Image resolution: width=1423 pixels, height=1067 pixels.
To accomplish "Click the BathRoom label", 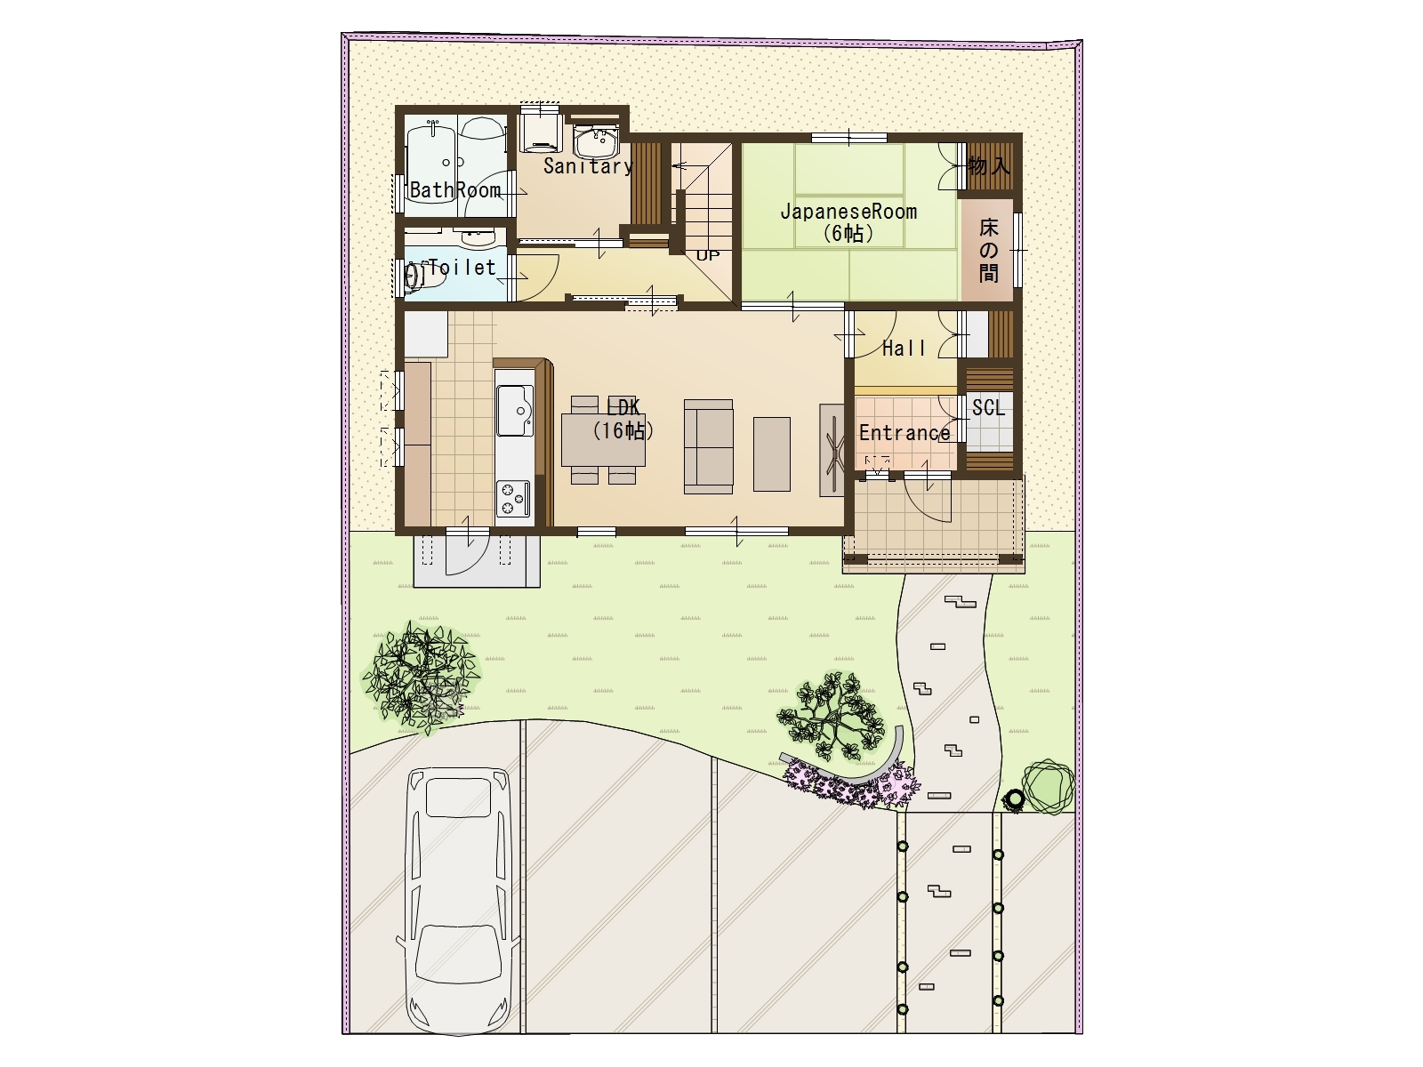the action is [455, 189].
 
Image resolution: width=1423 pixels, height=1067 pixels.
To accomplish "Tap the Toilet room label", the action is [462, 267].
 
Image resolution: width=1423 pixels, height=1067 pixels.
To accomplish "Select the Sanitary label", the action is [588, 166].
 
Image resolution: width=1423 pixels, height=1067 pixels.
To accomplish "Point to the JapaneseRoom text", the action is [848, 212].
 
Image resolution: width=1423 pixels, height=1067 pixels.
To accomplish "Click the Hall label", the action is [904, 349].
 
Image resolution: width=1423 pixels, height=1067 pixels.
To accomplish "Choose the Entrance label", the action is [904, 433].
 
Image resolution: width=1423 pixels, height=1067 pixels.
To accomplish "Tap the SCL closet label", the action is [988, 407].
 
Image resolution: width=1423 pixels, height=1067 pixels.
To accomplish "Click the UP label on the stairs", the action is [708, 255].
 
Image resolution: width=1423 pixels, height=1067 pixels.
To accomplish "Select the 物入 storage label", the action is [989, 166].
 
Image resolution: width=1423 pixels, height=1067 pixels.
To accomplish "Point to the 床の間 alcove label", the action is [989, 250].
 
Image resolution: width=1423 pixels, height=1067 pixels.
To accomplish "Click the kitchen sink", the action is [515, 410].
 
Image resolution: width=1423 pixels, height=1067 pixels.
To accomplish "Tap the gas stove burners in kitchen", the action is [513, 498].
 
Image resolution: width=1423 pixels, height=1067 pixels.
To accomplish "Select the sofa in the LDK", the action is [709, 446].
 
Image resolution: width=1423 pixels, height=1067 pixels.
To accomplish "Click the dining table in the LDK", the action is [603, 440].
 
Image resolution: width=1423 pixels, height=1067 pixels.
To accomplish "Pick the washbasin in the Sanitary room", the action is [597, 142].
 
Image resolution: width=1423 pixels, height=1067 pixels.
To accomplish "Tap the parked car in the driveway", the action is [459, 901].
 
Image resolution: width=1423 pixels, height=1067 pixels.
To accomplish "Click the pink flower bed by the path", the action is [850, 786].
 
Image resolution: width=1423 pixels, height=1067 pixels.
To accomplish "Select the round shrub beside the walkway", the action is [1048, 787].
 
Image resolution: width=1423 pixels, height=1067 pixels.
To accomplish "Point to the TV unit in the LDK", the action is [832, 450].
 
